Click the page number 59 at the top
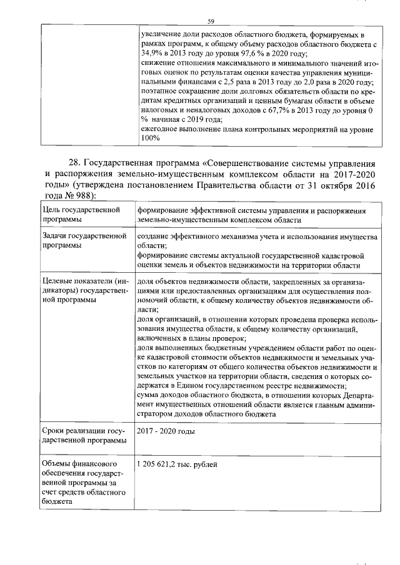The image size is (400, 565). coord(211,22)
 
